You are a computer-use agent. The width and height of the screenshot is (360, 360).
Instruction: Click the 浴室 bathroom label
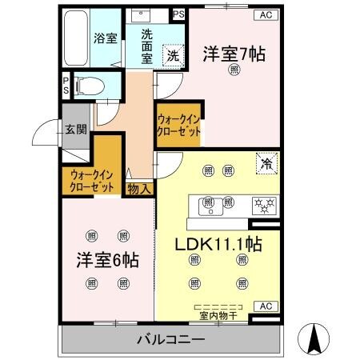[x=104, y=38]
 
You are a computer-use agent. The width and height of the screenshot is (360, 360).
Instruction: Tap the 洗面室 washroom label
[x=147, y=46]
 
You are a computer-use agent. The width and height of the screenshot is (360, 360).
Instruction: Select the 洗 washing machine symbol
[x=172, y=55]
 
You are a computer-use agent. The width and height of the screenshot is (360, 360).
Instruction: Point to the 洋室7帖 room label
[x=234, y=54]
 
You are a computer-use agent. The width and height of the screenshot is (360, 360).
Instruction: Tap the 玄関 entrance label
[x=75, y=129]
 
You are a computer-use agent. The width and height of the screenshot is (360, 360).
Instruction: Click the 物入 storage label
[x=138, y=189]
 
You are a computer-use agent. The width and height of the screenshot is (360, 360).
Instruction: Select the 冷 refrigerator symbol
[x=266, y=162]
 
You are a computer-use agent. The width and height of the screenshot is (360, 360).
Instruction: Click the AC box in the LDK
[x=265, y=306]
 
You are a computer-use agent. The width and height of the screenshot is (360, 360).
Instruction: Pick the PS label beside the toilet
[x=66, y=84]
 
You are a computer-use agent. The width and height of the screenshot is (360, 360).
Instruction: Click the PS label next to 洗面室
[x=178, y=15]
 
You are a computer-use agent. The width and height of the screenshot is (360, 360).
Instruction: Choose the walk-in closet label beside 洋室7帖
[x=178, y=126]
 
